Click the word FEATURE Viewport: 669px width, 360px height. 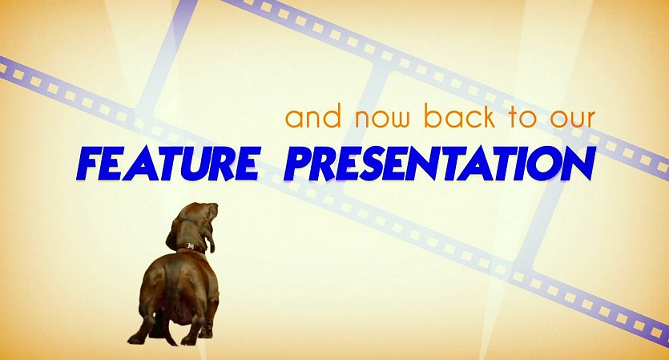click(x=168, y=163)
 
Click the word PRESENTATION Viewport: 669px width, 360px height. click(x=440, y=163)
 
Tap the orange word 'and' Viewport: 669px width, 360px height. click(x=313, y=116)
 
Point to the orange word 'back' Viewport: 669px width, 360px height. click(x=460, y=115)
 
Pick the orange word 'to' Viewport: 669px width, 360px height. click(x=522, y=117)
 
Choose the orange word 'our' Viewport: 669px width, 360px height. click(x=572, y=119)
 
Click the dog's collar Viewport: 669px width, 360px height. click(x=191, y=247)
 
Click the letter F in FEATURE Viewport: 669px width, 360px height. click(x=88, y=164)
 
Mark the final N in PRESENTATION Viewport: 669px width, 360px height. click(x=578, y=164)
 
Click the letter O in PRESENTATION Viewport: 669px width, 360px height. click(x=543, y=164)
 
